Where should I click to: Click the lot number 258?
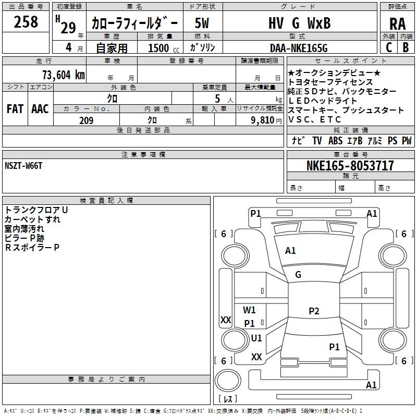26,22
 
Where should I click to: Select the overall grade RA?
398,24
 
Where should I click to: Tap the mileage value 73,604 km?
64,75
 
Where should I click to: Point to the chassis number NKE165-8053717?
350,165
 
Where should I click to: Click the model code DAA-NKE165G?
299,48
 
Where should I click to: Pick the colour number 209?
86,120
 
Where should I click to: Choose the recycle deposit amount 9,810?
263,120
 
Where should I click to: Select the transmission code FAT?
15,109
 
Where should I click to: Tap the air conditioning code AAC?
40,109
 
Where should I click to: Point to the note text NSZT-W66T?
23,166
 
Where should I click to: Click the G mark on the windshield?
298,275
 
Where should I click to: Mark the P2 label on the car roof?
314,311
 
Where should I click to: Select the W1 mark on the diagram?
249,310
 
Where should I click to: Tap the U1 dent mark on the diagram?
256,338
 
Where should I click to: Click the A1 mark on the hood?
290,251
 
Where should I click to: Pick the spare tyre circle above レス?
228,381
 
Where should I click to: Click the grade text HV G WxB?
300,23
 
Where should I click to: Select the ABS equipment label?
335,141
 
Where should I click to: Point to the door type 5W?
202,23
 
